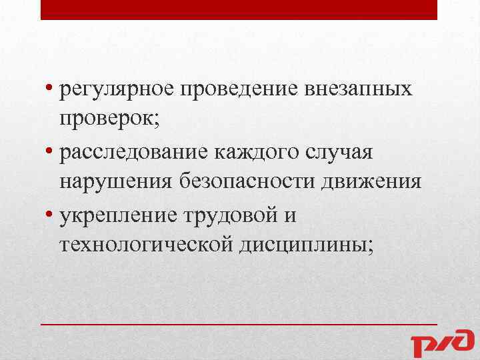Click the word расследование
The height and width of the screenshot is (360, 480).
(133, 153)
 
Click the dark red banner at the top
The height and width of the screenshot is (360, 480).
(239, 9)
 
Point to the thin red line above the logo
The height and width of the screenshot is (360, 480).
(239, 323)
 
